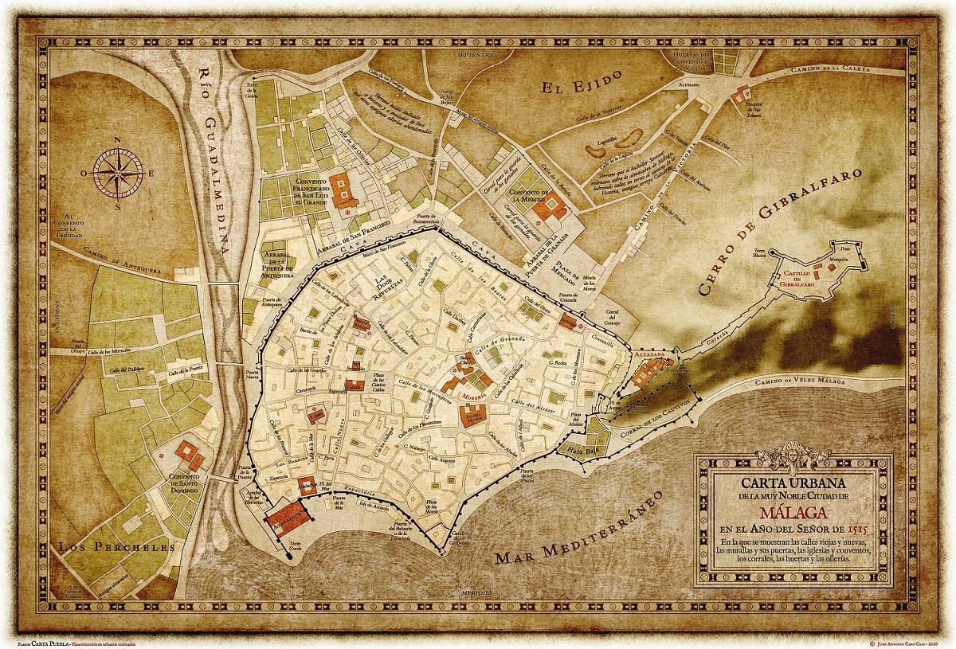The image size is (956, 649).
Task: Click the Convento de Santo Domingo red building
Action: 190,455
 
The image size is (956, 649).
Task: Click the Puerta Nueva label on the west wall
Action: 253,372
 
